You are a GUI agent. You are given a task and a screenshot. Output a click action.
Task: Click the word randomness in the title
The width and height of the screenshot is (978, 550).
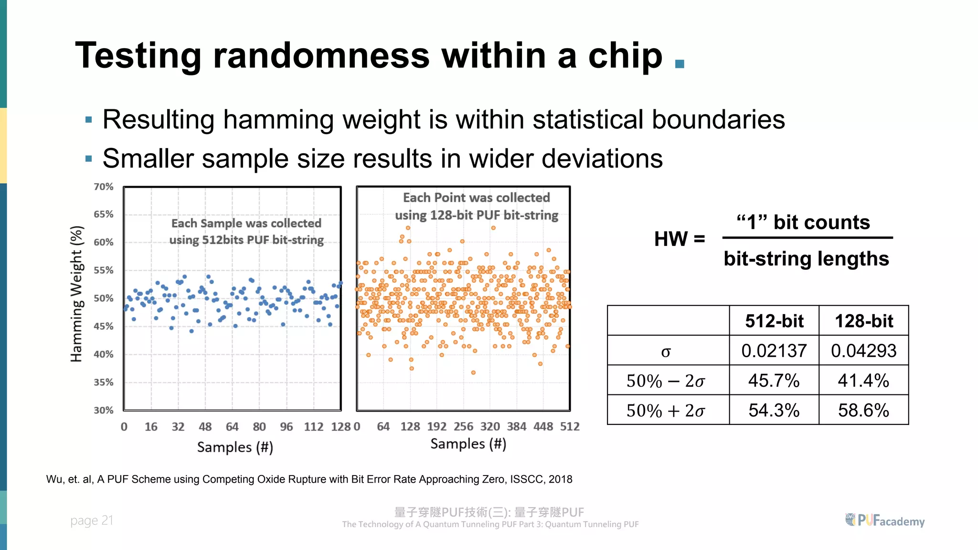click(x=321, y=56)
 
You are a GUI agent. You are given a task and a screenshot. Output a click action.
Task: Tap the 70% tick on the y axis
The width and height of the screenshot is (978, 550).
click(x=103, y=187)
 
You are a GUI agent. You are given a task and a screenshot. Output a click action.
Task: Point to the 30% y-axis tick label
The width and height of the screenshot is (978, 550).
click(x=103, y=410)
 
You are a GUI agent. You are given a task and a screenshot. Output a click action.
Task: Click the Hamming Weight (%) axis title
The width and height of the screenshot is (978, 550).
click(x=77, y=294)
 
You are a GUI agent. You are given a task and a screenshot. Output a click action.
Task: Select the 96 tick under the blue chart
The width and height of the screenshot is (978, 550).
click(x=287, y=427)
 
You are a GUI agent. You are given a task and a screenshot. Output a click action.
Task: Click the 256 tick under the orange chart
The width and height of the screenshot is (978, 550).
click(x=463, y=426)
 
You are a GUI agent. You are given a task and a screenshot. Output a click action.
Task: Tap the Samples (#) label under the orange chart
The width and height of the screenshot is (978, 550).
click(x=468, y=444)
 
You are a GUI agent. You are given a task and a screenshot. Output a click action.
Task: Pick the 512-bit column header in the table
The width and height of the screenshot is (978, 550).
click(x=774, y=321)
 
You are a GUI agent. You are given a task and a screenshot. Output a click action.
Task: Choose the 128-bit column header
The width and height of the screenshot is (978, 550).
click(x=863, y=321)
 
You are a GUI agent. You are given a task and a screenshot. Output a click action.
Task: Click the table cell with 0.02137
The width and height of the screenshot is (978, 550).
click(x=774, y=351)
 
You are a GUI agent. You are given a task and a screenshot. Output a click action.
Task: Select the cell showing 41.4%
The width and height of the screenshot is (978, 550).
click(x=863, y=381)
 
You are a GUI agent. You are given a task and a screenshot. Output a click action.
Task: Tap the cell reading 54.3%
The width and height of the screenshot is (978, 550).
click(x=774, y=410)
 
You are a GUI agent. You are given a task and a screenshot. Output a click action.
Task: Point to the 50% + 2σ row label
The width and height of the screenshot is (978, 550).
click(x=666, y=411)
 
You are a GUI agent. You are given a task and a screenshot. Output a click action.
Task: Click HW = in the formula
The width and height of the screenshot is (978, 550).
click(x=680, y=239)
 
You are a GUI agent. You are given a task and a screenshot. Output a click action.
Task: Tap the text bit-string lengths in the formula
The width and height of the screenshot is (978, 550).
click(x=806, y=259)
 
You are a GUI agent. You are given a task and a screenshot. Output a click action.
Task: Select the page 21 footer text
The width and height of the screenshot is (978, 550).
click(x=92, y=520)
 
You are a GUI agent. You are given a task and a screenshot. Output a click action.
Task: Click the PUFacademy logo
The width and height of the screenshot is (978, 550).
click(x=885, y=520)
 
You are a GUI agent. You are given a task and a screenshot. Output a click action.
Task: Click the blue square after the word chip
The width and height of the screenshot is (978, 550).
click(x=680, y=64)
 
